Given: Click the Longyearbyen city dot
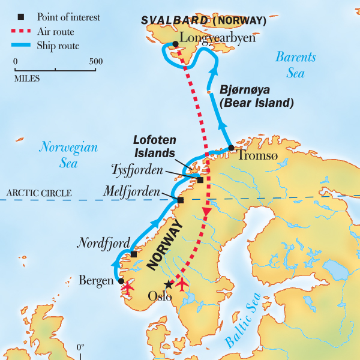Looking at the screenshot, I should (175, 44).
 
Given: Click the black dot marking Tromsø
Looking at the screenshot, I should (230, 148).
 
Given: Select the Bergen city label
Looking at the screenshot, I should (96, 280).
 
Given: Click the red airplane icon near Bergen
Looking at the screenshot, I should (127, 287).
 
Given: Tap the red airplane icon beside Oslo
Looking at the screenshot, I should (180, 283).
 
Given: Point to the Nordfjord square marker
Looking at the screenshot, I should (134, 254).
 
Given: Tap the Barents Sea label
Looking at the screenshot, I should (295, 65).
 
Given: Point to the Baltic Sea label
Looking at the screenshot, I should (243, 319).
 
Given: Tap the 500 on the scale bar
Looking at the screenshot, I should (95, 61).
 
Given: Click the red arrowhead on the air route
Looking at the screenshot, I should (207, 213).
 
